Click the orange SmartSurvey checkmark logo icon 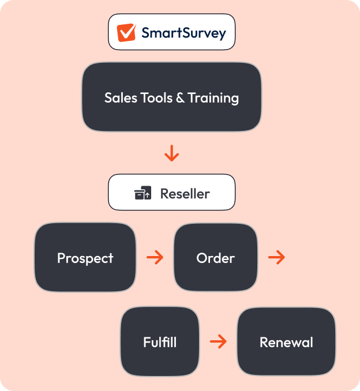(x=126, y=33)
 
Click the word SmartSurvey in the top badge (x=183, y=33)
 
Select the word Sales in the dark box (x=121, y=97)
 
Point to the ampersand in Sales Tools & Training (x=181, y=98)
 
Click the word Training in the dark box (x=213, y=98)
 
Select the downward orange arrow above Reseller (x=172, y=153)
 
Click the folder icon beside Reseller (x=142, y=193)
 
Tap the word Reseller (x=185, y=193)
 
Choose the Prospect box (x=85, y=257)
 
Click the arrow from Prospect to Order (x=155, y=257)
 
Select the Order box (x=216, y=257)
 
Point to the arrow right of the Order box (x=277, y=257)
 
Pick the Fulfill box (x=160, y=341)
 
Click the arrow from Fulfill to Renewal (x=218, y=341)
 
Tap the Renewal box (x=286, y=341)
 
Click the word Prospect (x=85, y=258)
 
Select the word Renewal (x=286, y=342)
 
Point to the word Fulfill (x=160, y=342)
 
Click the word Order (x=216, y=258)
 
